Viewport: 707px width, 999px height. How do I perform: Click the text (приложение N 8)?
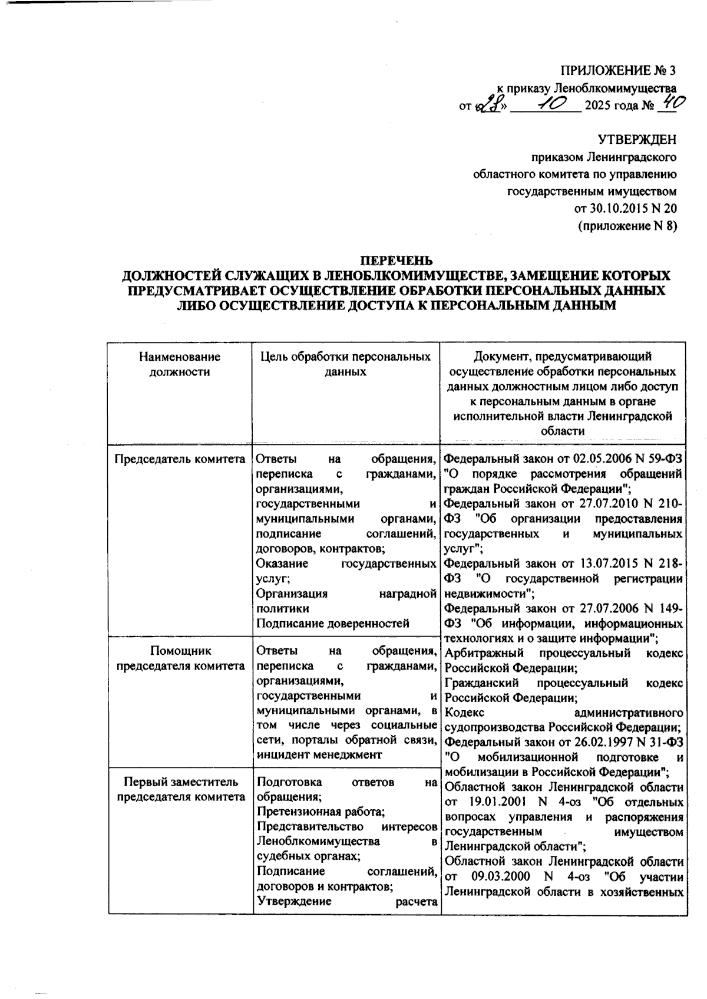tap(627, 225)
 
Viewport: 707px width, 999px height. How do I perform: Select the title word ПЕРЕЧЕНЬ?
tap(396, 260)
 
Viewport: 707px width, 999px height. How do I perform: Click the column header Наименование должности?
tap(180, 364)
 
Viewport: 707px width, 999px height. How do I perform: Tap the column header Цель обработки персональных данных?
tap(346, 364)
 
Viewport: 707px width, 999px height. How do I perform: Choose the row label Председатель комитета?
tap(180, 459)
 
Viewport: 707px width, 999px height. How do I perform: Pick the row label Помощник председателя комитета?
tap(180, 658)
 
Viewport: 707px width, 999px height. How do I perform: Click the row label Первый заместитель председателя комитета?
tap(180, 790)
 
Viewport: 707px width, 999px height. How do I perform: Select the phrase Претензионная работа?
tap(321, 812)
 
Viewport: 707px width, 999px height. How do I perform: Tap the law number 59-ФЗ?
tap(660, 459)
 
